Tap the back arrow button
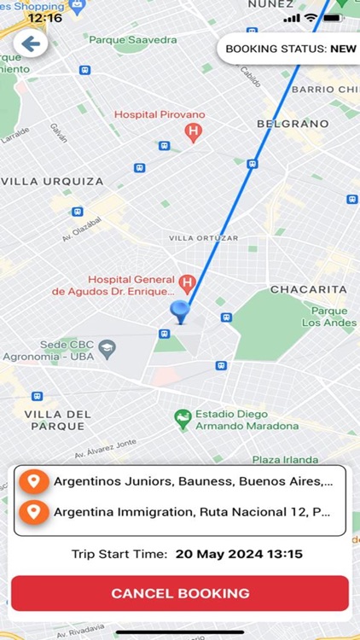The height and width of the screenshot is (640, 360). (x=31, y=44)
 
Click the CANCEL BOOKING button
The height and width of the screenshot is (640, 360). (x=180, y=593)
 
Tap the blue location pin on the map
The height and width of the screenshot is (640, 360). (x=179, y=311)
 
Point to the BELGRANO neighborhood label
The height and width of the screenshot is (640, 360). (x=292, y=124)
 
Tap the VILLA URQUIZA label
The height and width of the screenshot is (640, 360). (x=53, y=181)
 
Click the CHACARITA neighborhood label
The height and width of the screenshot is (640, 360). (x=308, y=289)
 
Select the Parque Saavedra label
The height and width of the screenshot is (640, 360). (x=132, y=40)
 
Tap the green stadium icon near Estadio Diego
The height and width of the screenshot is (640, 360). (x=182, y=418)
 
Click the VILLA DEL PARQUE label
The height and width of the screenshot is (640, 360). (x=57, y=420)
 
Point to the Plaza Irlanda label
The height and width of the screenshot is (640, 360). (x=285, y=460)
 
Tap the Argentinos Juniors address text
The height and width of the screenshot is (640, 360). (x=192, y=481)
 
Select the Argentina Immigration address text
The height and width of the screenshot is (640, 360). (x=192, y=513)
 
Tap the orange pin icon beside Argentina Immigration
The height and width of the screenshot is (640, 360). (x=32, y=513)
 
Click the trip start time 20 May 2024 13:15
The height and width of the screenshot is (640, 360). (x=239, y=554)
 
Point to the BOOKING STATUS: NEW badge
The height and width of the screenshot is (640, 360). (x=290, y=49)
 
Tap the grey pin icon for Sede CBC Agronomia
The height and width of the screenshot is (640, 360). (x=107, y=347)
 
